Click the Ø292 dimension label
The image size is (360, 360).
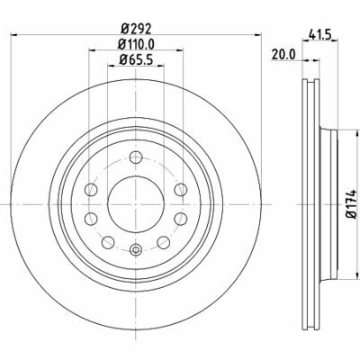[136, 29]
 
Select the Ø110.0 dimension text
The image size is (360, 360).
[136, 44]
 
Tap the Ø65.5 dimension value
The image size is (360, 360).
[136, 59]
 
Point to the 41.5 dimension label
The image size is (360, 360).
[319, 35]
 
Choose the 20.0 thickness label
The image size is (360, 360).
[283, 55]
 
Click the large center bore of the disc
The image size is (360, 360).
[136, 204]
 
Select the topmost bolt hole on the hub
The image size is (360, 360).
[136, 157]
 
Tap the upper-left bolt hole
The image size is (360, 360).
[91, 190]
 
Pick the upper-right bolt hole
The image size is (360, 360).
[181, 190]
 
